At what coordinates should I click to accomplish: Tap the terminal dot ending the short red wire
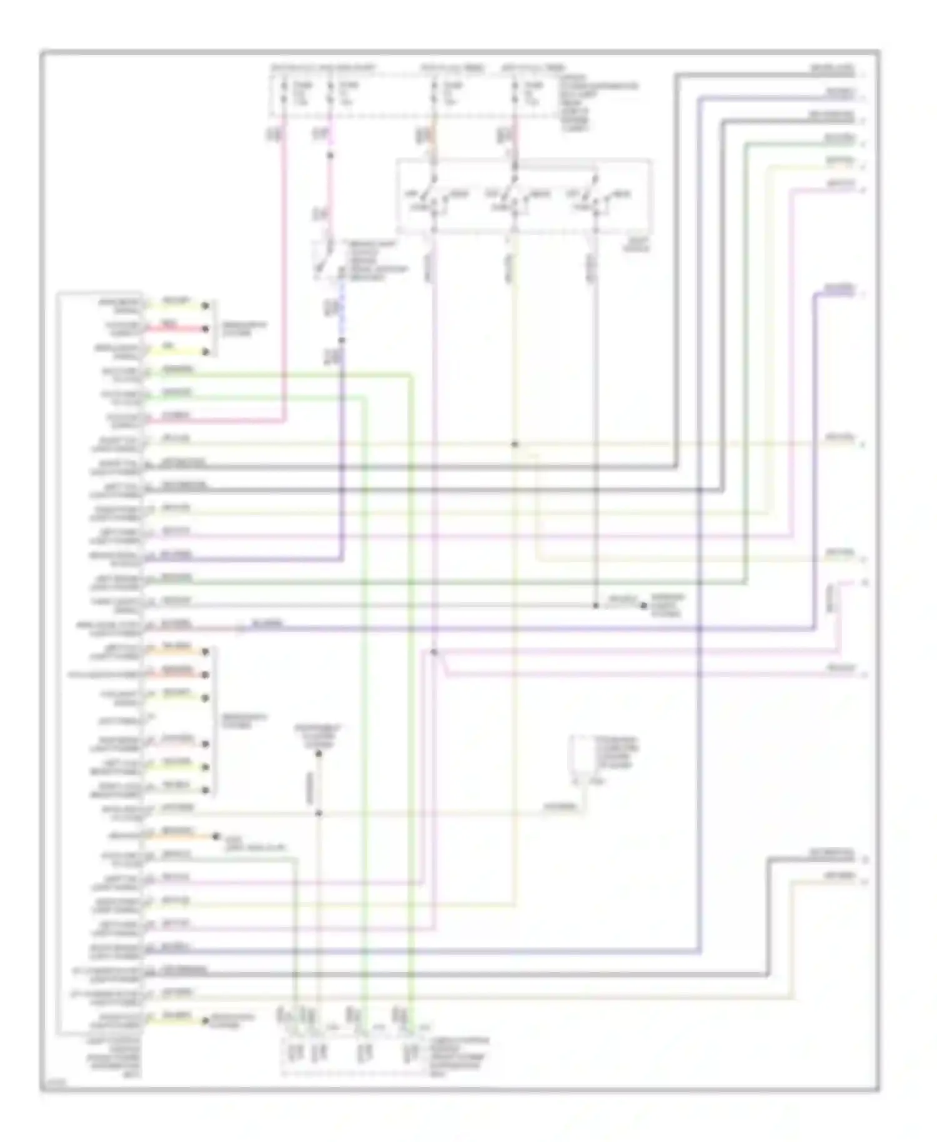click(x=205, y=329)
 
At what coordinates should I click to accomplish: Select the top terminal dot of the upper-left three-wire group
click(x=205, y=305)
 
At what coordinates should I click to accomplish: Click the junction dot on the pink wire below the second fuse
click(x=330, y=155)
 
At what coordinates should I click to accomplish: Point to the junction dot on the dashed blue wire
click(x=342, y=340)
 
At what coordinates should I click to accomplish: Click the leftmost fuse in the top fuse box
click(x=284, y=92)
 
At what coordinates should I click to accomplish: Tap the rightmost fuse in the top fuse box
click(x=515, y=92)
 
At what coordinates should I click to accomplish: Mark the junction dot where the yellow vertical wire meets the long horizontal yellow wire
click(x=515, y=444)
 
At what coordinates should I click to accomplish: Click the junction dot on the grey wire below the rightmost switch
click(x=595, y=605)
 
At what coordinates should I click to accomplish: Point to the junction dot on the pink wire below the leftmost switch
click(x=434, y=652)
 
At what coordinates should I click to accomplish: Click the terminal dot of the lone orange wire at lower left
click(x=216, y=836)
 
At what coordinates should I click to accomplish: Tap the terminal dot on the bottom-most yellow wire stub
click(x=205, y=1020)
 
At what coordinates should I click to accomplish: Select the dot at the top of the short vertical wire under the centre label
click(x=319, y=754)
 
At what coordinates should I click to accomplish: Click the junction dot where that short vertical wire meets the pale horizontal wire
click(x=319, y=813)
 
